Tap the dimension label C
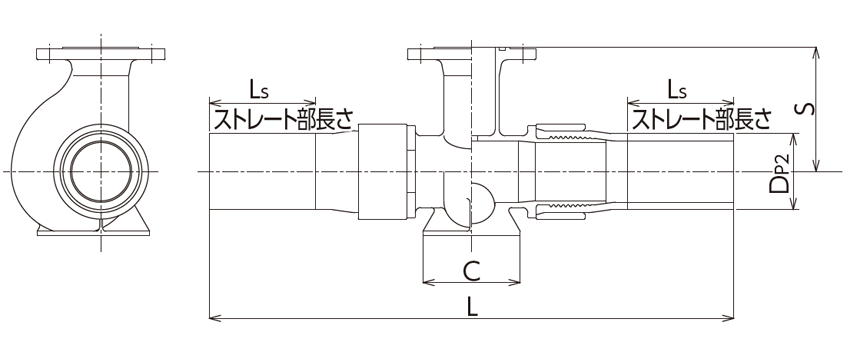(x=472, y=270)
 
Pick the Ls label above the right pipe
(x=676, y=91)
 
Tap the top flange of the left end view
(x=100, y=52)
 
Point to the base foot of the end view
(x=100, y=231)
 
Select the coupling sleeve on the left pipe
(x=383, y=171)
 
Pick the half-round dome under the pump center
(x=480, y=203)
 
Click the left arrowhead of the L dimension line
(x=211, y=319)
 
